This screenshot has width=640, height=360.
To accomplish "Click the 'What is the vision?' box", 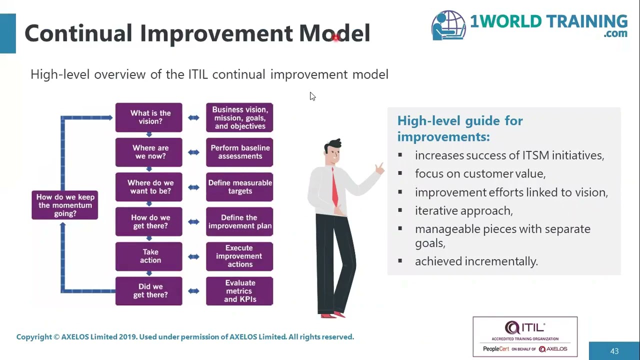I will tap(149, 117).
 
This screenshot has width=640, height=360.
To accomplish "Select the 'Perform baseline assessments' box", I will tap(239, 152).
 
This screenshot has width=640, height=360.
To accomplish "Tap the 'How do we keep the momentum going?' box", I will tap(65, 205).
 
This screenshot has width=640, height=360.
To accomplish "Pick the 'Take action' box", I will tap(149, 256).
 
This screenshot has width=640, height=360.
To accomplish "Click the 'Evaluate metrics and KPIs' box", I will tap(239, 291).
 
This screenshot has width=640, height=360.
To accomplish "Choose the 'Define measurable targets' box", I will tap(239, 187).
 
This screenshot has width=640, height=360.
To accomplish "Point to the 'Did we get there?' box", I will tap(149, 291).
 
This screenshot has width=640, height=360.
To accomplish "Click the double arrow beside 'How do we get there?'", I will tap(194, 222).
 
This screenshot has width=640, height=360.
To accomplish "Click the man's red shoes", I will tap(333, 314).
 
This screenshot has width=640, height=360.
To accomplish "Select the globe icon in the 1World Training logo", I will tap(449, 25).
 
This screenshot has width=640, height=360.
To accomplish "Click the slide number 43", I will tap(614, 351).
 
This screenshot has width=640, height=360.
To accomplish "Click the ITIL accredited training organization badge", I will tap(525, 337).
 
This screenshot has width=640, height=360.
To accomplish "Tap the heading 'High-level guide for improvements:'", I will tap(459, 128).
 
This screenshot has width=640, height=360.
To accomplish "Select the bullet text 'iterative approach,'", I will tap(463, 210).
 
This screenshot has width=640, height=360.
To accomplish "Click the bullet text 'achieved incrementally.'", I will tap(476, 261).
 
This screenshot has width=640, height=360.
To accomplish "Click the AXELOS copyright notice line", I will tap(185, 337).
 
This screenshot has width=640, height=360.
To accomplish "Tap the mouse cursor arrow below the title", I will tap(312, 96).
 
